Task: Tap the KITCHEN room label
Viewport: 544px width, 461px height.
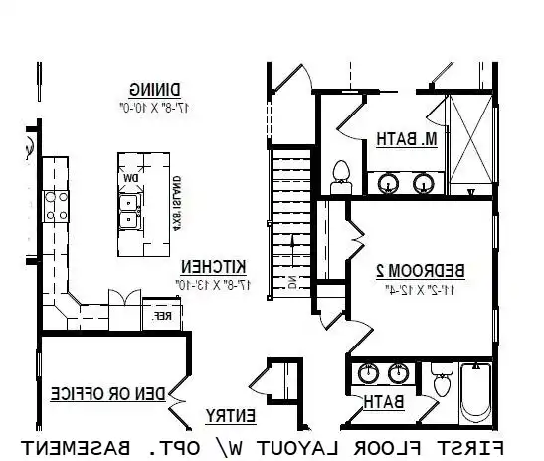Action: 213,267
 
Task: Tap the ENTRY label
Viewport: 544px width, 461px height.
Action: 231,415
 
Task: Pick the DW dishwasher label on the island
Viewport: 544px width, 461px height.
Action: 130,178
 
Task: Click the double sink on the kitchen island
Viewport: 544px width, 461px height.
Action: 129,209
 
